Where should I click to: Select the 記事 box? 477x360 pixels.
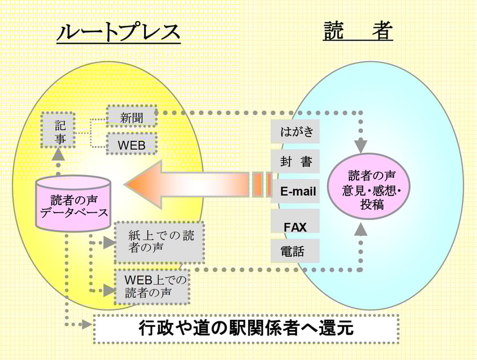(59, 131)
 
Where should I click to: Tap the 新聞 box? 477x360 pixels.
(131, 117)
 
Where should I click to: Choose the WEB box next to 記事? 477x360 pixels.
(131, 145)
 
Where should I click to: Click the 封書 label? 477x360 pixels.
(295, 161)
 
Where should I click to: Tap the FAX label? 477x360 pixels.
(295, 227)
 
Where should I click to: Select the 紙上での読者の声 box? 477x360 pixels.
(159, 242)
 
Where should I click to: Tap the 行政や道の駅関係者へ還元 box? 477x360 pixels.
(246, 328)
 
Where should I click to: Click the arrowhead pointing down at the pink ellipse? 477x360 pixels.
(361, 146)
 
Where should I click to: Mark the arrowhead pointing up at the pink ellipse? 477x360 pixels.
(361, 230)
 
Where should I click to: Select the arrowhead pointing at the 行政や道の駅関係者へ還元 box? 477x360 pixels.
(86, 324)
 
